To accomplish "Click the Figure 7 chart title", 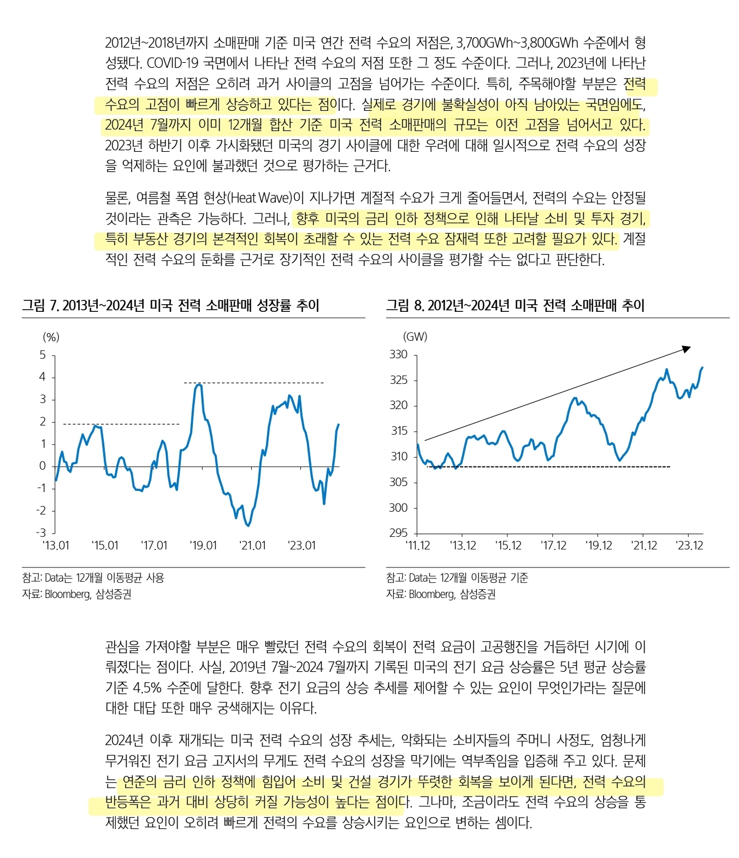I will click(x=170, y=305).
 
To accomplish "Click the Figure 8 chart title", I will click(x=515, y=305).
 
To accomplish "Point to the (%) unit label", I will click(x=51, y=338).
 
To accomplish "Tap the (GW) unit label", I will click(x=415, y=337).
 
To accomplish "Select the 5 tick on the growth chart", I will click(x=43, y=355).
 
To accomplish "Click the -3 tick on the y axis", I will click(x=41, y=532).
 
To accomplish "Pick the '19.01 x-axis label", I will click(x=203, y=546).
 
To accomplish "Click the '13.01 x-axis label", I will click(x=56, y=546).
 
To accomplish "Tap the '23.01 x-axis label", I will click(x=301, y=546).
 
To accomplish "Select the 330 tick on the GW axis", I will click(x=399, y=354).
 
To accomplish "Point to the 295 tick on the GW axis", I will click(x=399, y=533).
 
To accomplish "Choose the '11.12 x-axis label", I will click(x=418, y=546).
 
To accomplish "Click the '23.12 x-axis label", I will click(x=689, y=546).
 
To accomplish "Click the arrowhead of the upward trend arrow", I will click(x=687, y=348).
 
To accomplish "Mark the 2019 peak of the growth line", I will click(x=199, y=385).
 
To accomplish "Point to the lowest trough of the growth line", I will click(x=248, y=525).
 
